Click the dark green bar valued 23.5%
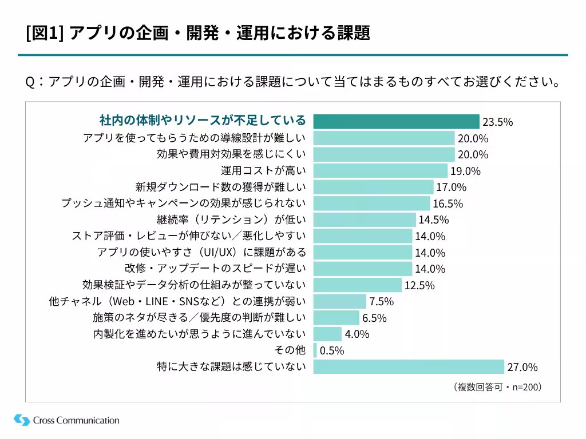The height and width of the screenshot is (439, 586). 396,121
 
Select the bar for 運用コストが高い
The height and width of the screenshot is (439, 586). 380,170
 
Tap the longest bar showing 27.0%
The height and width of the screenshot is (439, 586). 409,366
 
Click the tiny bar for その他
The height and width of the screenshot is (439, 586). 315,350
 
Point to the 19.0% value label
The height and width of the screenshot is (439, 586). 465,171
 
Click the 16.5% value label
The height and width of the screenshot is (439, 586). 448,203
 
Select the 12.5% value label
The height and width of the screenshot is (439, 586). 419,285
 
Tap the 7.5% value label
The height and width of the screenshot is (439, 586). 381,301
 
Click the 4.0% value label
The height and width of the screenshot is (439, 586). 357,334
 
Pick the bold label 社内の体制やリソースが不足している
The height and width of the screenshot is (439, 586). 203,121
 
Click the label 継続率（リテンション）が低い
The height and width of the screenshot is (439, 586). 231,219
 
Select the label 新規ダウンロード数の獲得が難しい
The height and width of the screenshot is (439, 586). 220,187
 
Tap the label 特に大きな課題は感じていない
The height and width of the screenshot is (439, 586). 231,366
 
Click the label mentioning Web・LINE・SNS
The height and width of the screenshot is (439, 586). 177,301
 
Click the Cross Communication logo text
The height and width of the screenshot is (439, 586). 76,421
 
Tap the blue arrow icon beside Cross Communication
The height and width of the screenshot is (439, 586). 22,420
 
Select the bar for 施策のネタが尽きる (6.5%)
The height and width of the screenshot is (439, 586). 336,317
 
